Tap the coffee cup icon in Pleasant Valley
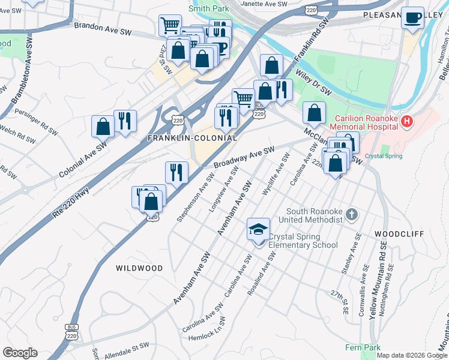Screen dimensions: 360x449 coord(412,19)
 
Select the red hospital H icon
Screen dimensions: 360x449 coord(408,122)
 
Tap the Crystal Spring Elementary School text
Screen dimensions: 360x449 coord(303,241)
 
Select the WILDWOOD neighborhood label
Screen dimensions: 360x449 coord(139,268)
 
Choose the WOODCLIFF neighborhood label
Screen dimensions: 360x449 coord(399,233)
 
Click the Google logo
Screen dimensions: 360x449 coord(20,353)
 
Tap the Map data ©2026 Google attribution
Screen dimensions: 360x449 coord(412,355)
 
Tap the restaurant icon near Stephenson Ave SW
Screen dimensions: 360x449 coord(176,172)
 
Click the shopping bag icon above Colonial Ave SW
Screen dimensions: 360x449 coord(103,127)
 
